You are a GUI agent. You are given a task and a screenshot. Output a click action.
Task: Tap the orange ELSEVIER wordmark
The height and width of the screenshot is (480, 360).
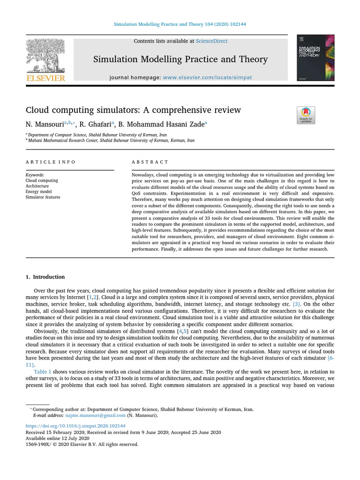(x=45, y=78)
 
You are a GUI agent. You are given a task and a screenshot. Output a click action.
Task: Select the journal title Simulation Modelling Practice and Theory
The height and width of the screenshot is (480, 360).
(x=180, y=59)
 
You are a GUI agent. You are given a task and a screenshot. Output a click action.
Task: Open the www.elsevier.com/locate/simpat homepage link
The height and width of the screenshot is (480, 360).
(x=207, y=77)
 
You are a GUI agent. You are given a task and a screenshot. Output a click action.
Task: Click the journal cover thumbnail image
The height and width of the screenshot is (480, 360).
(x=315, y=57)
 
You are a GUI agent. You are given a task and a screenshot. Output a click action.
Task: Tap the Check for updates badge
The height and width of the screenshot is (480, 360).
(x=306, y=115)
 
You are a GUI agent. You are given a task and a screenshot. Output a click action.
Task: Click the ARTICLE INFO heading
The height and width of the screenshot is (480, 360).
(x=50, y=162)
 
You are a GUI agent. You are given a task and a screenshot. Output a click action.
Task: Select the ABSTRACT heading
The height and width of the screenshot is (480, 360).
(x=150, y=162)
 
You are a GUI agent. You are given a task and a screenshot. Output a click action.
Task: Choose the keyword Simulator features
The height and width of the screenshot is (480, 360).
(x=43, y=197)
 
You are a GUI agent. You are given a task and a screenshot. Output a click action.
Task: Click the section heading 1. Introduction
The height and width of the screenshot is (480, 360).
(x=45, y=277)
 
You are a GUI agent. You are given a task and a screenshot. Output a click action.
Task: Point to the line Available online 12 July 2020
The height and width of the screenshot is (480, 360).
(x=57, y=438)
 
